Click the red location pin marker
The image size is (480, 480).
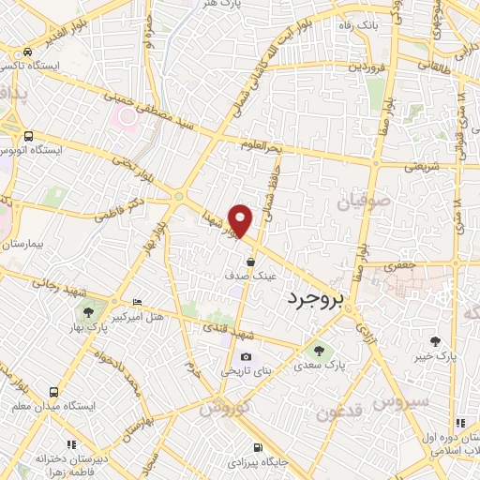242,220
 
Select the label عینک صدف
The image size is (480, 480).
255,277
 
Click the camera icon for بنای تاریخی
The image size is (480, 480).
246,356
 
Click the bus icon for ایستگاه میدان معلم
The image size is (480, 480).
53,392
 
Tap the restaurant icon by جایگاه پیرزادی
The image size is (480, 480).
257,446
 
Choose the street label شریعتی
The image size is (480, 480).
422,166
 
